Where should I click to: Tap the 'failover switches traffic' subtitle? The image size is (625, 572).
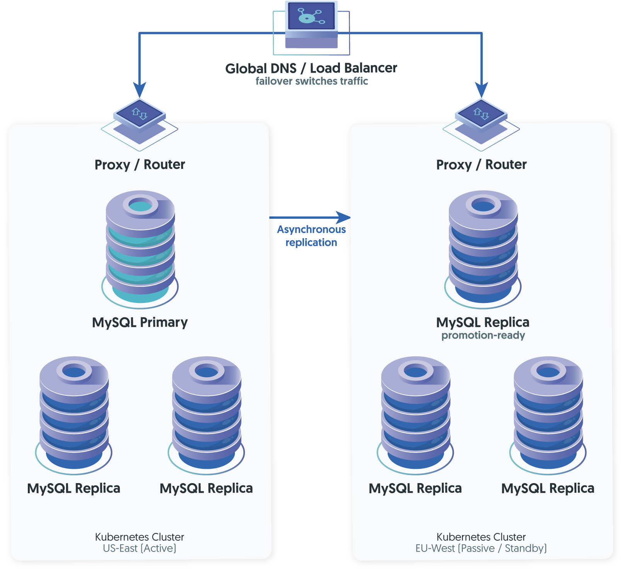312,81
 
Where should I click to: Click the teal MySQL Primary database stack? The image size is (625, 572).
140,247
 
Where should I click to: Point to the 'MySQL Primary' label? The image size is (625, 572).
140,322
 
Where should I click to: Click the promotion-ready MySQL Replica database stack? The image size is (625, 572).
483,247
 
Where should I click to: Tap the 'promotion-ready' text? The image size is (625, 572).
483,335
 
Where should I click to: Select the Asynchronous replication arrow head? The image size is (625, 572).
343,218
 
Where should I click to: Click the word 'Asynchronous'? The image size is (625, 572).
311,230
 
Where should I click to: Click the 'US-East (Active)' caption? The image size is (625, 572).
139,548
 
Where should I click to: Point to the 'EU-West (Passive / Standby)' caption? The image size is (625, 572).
481,548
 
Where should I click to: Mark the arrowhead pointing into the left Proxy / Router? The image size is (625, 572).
139,90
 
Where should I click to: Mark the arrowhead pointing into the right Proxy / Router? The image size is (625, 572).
481,90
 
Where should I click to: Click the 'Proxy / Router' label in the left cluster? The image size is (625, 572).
140,165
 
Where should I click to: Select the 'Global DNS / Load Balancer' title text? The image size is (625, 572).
311,68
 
